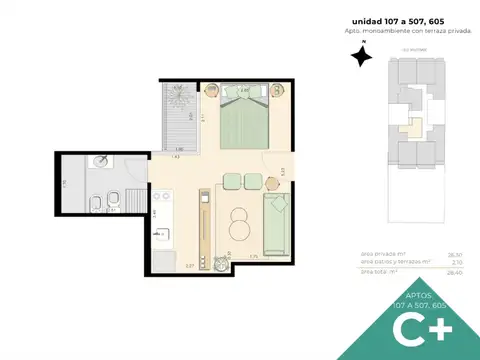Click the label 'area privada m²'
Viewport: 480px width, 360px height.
coord(381,254)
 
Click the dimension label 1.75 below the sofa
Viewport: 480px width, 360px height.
coord(254,257)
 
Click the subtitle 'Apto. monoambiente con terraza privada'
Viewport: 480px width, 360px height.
coord(405,32)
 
